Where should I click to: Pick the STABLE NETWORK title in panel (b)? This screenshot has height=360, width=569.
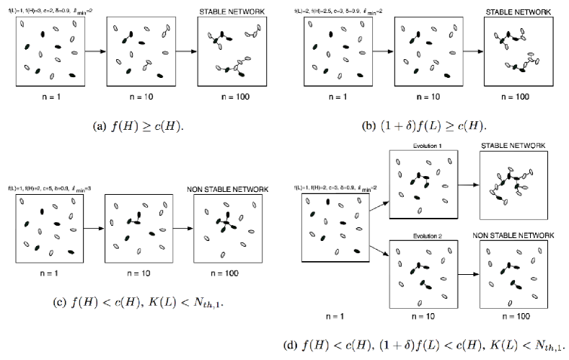point(519,12)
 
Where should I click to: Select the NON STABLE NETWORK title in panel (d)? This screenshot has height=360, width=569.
point(513,235)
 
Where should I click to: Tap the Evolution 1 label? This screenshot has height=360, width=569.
point(422,146)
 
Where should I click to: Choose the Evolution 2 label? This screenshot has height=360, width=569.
point(422,236)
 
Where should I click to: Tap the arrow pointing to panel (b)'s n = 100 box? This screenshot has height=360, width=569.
point(473,52)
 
